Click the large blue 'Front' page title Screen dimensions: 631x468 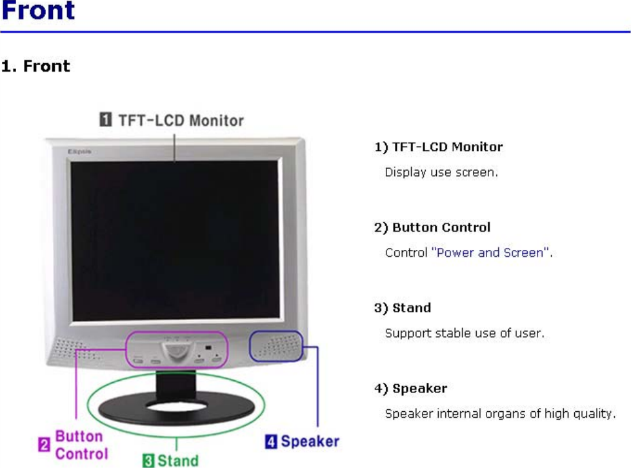coord(38,11)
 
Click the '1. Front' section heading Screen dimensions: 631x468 coord(35,66)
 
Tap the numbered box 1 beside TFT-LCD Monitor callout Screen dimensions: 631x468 coord(105,120)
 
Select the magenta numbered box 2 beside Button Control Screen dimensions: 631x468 coord(45,445)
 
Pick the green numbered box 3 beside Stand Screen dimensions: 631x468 coord(148,460)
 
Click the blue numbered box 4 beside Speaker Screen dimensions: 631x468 coord(272,442)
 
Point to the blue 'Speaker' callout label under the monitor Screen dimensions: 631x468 coord(310,442)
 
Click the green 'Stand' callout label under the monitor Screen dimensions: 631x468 coord(178,460)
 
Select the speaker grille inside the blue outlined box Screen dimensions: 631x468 coord(276,347)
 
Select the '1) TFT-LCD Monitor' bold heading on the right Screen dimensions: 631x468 coord(439,147)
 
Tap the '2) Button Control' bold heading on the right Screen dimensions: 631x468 coord(432,227)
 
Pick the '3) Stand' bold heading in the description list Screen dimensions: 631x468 coord(403,308)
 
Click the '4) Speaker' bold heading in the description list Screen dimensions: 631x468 coord(410,389)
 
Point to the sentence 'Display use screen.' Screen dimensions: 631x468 coord(441,172)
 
